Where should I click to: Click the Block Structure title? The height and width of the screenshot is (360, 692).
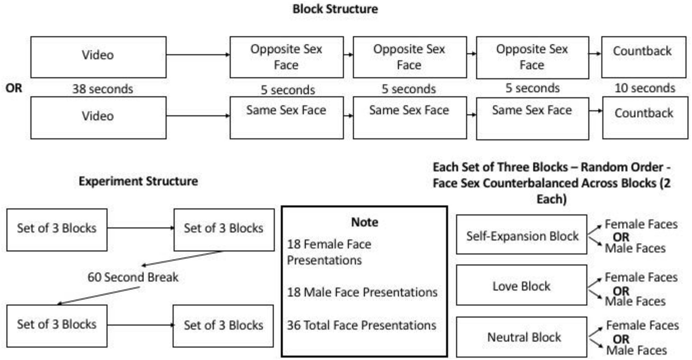coord(335,9)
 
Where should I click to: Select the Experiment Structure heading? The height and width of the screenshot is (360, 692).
coord(138,182)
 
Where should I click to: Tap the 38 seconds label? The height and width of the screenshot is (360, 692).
coord(102,89)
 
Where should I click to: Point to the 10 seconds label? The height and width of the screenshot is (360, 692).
coord(645,88)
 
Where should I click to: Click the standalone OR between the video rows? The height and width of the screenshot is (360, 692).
coord(14,88)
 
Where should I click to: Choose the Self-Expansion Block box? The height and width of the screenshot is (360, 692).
coord(521,235)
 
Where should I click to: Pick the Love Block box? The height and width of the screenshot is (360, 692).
coord(521,285)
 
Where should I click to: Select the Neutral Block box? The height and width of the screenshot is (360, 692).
coord(521,337)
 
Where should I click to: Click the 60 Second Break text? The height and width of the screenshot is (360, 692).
coord(133,277)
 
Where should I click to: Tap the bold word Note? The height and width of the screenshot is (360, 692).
coord(365,222)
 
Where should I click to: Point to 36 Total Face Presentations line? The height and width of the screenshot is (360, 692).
coord(362,325)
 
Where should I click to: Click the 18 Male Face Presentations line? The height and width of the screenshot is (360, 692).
coord(362,292)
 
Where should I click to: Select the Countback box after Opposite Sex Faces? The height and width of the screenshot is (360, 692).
coord(644,57)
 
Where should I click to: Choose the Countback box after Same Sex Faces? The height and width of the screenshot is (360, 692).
coord(645,118)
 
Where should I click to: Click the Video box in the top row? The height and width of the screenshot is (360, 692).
coord(98,57)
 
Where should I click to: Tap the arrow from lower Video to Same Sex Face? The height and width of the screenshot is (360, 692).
coord(198,116)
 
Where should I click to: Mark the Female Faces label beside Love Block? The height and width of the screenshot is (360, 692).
coord(641,277)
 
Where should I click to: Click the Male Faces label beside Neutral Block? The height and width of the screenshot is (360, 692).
coord(636,351)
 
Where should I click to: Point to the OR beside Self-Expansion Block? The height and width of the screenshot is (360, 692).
coord(621,237)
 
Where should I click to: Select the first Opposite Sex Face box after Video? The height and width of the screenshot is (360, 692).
coord(286,57)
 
